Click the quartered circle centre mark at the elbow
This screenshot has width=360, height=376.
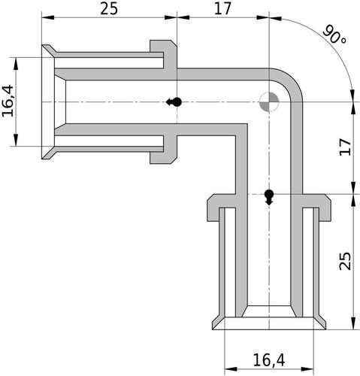pyautogui.click(x=269, y=102)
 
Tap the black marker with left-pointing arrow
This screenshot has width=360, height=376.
pyautogui.click(x=174, y=102)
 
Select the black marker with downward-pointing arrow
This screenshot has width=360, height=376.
pyautogui.click(x=269, y=197)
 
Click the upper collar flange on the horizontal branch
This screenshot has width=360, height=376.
pyautogui.click(x=164, y=53)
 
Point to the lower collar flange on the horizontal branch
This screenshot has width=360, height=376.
pyautogui.click(x=164, y=150)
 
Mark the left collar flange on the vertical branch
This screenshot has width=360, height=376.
pyautogui.click(x=221, y=208)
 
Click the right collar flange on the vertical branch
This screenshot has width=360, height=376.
pyautogui.click(x=317, y=208)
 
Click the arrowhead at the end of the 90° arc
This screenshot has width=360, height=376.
pyautogui.click(x=352, y=96)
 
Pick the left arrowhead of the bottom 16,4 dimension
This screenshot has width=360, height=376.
pyautogui.click(x=231, y=369)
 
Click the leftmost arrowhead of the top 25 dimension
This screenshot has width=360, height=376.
pyautogui.click(x=47, y=17)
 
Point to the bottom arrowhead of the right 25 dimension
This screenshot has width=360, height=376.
pyautogui.click(x=353, y=323)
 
